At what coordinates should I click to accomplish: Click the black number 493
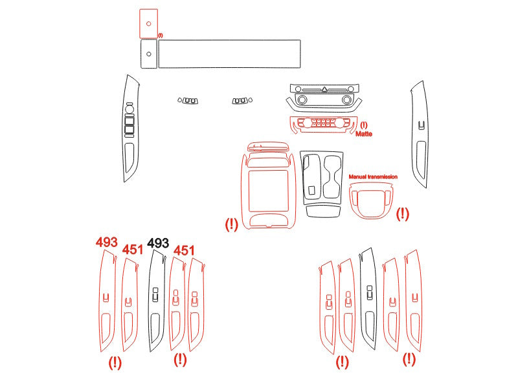click(158, 243)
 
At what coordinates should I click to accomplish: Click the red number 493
click(107, 242)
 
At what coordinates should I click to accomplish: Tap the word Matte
click(364, 134)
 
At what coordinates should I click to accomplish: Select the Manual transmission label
click(373, 177)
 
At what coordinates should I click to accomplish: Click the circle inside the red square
click(149, 24)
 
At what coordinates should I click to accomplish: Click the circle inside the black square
click(149, 54)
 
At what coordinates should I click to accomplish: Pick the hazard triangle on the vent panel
click(324, 89)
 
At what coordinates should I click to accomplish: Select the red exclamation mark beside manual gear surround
click(402, 214)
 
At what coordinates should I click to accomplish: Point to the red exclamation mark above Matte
click(364, 125)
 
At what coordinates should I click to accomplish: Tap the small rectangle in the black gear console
click(311, 190)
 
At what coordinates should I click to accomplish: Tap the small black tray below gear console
click(323, 211)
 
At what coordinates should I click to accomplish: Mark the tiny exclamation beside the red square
click(160, 36)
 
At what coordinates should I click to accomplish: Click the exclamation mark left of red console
click(231, 225)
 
